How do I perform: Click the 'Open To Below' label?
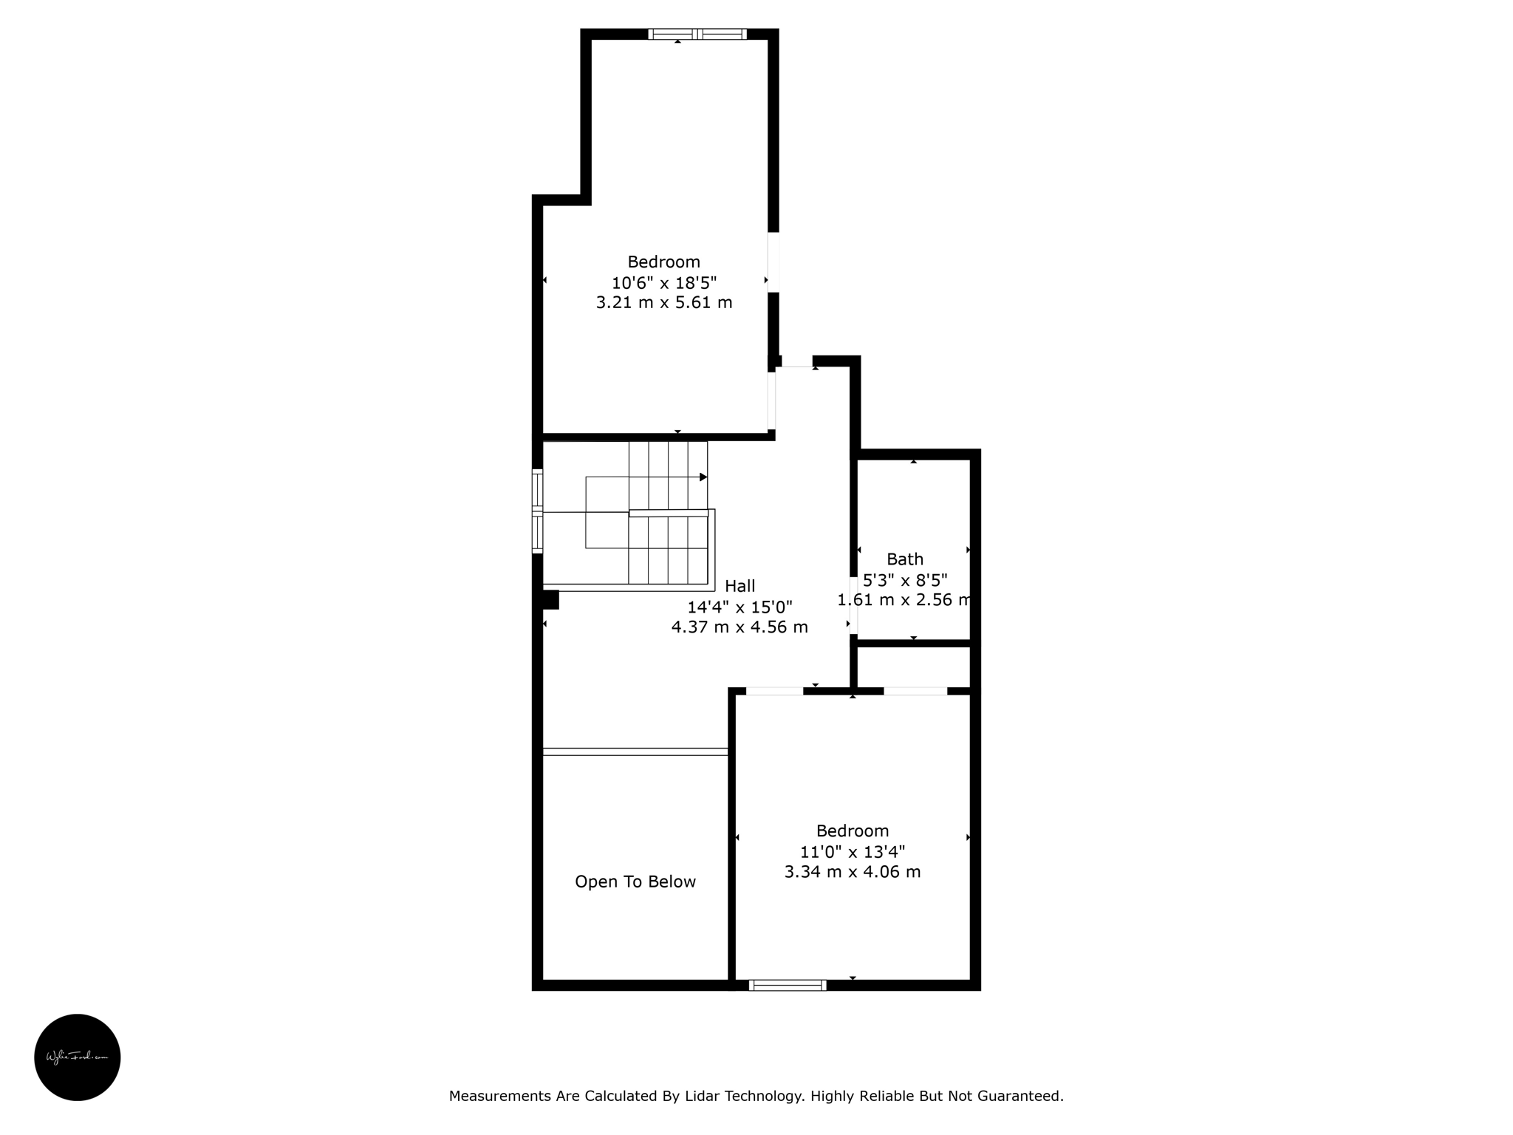(x=635, y=882)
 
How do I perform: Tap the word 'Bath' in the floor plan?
(x=905, y=559)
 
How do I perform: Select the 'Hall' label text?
(x=740, y=586)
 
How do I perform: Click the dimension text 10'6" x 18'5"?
(x=664, y=282)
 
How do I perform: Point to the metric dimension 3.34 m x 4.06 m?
(x=853, y=872)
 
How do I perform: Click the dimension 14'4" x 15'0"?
(x=740, y=607)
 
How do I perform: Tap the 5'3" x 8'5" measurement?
(x=905, y=580)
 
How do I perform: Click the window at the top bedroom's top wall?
(x=697, y=34)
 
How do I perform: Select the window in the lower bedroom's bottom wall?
(x=788, y=985)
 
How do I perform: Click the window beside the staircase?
(x=537, y=511)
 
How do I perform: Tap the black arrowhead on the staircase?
(x=703, y=477)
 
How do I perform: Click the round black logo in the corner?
(x=78, y=1057)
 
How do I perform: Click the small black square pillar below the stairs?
(x=550, y=600)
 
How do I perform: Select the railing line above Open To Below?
(x=635, y=751)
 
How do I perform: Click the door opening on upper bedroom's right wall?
(x=773, y=262)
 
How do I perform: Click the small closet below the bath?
(x=914, y=667)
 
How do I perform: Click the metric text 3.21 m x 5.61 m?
(x=664, y=302)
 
